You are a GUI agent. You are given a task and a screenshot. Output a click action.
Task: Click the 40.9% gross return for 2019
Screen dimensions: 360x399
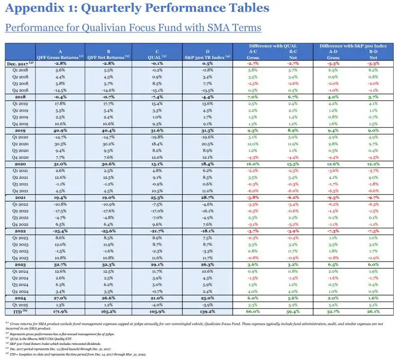(x=60, y=131)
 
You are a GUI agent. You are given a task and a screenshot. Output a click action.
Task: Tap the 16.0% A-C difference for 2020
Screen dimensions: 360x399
(x=253, y=164)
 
